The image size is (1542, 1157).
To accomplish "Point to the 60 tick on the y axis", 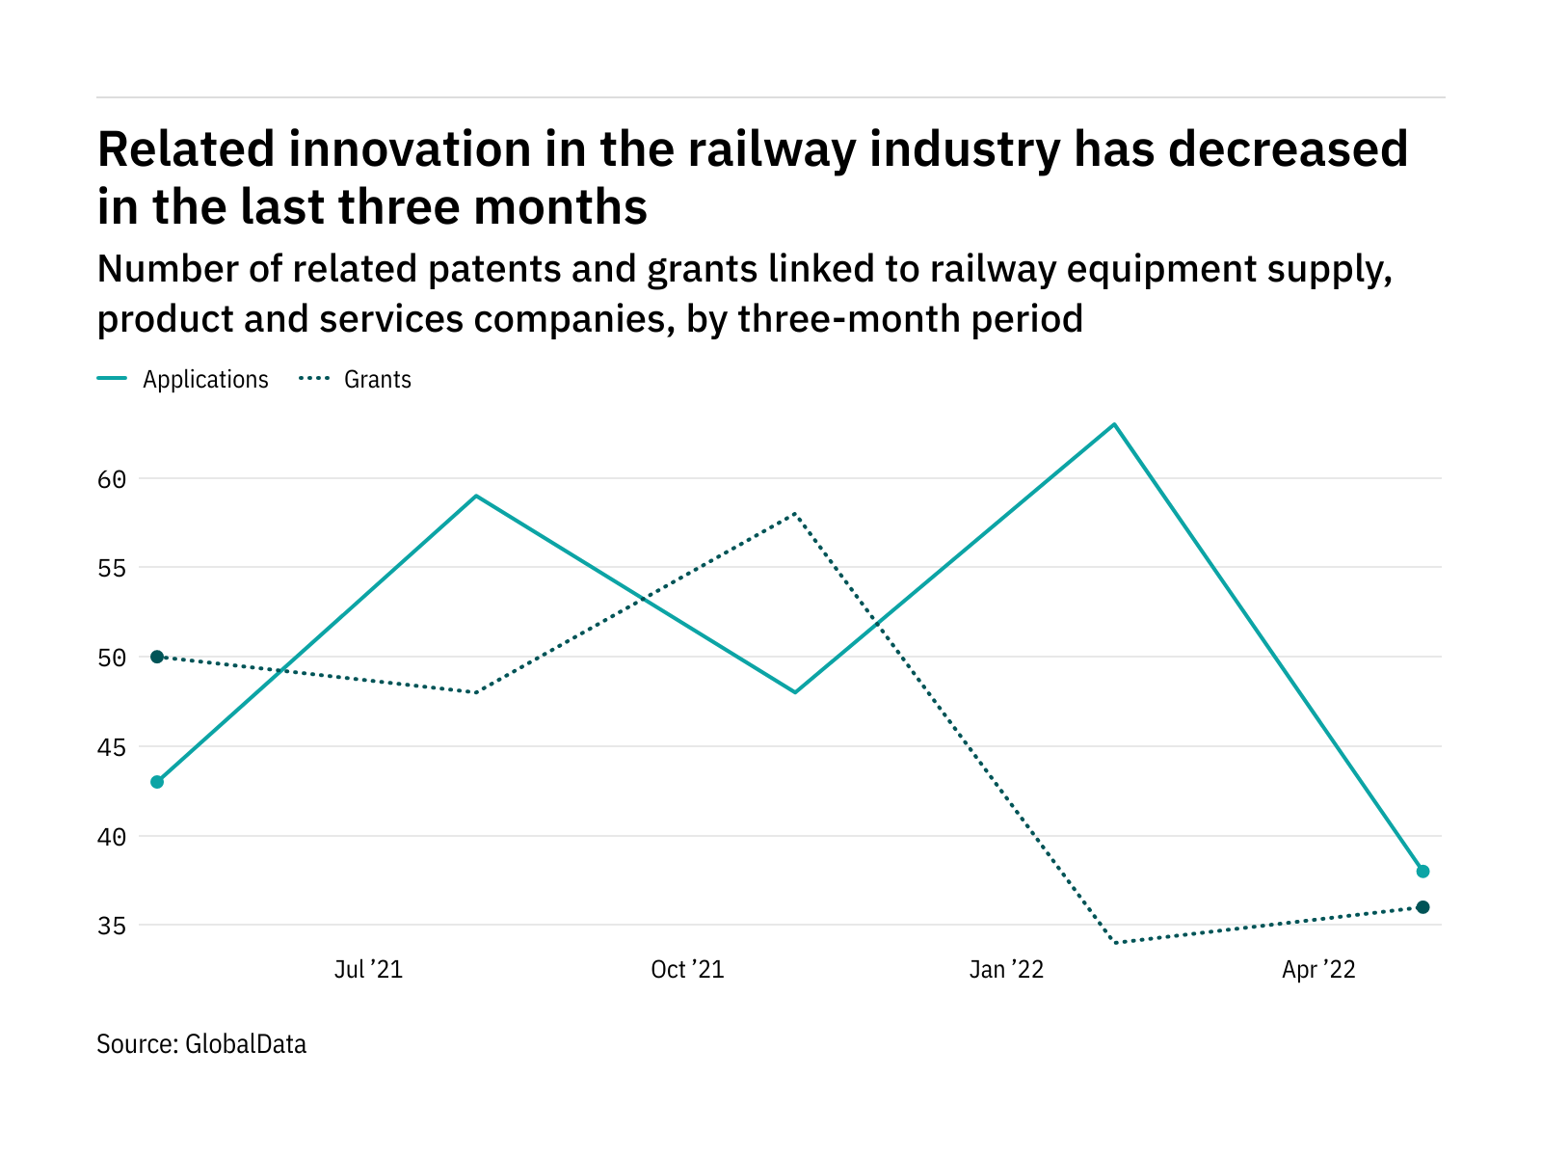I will pyautogui.click(x=112, y=479).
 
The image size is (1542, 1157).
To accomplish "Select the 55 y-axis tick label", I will pyautogui.click(x=112, y=568).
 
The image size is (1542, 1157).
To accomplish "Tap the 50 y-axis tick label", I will pyautogui.click(x=112, y=658).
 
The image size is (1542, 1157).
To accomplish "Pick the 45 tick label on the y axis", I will pyautogui.click(x=112, y=747).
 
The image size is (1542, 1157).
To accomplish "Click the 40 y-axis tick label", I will pyautogui.click(x=112, y=837).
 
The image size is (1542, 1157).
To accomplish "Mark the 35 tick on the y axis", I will pyautogui.click(x=112, y=926).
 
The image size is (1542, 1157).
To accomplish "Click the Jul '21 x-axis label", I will pyautogui.click(x=368, y=970).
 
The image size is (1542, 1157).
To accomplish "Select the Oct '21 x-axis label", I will pyautogui.click(x=687, y=970).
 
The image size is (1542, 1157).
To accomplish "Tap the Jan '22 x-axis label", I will pyautogui.click(x=1006, y=970).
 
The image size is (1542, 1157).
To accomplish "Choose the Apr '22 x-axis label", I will pyautogui.click(x=1318, y=970).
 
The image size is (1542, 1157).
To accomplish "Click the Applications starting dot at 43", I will pyautogui.click(x=157, y=782).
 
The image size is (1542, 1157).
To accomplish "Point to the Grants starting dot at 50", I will pyautogui.click(x=157, y=657).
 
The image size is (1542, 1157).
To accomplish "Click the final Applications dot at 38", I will pyautogui.click(x=1422, y=872).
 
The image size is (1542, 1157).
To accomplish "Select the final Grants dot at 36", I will pyautogui.click(x=1422, y=907).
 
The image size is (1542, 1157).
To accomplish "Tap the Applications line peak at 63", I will pyautogui.click(x=1114, y=424).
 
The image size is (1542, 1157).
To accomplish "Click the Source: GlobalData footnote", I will pyautogui.click(x=201, y=1044).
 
